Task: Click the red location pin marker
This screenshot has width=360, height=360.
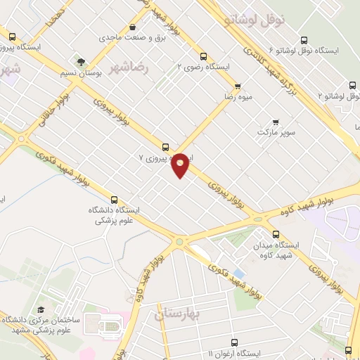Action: click(x=181, y=165)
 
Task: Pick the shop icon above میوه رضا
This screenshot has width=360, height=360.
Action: click(x=237, y=87)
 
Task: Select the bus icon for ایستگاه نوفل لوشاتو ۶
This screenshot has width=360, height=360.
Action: click(x=304, y=40)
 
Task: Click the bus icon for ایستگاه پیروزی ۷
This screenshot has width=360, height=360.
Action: click(x=165, y=147)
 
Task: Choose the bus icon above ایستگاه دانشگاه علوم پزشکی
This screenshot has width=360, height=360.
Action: click(x=115, y=199)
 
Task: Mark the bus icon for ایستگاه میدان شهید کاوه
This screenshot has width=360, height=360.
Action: click(x=275, y=234)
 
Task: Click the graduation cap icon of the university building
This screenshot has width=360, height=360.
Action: click(x=41, y=309)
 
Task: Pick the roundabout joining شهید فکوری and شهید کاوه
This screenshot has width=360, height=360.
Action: click(x=181, y=243)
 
